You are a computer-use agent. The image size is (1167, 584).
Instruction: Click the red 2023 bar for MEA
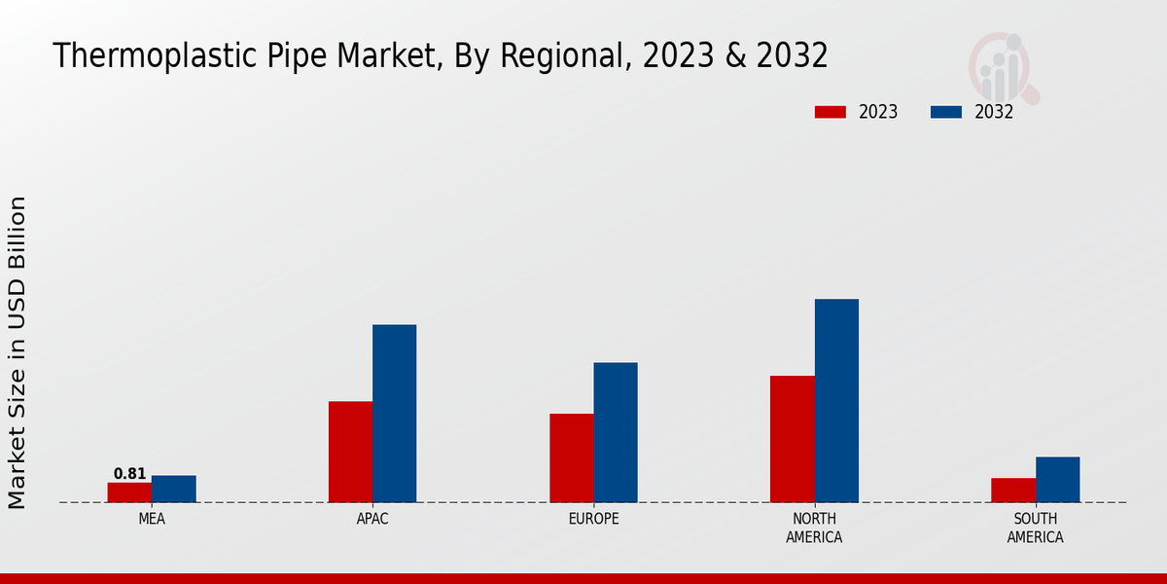129,493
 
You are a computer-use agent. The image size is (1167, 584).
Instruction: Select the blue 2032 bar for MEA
174,489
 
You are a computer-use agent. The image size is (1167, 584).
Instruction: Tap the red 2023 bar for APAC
350,452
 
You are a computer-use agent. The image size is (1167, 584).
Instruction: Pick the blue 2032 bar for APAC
395,414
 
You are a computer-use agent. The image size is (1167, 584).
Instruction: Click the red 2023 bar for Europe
571,457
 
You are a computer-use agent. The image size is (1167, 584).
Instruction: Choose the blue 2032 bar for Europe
616,432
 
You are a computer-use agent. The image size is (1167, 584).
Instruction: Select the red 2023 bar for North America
793,439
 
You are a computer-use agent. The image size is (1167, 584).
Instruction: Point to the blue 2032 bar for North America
836,400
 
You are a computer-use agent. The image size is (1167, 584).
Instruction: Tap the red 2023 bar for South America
1013,491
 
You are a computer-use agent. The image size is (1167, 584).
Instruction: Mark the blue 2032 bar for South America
1057,480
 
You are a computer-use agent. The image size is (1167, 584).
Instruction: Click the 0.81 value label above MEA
129,474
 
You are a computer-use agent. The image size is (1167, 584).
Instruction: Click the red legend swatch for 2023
831,112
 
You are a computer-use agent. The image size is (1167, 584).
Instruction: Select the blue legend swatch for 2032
946,112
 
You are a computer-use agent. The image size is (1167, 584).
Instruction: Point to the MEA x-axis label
152,520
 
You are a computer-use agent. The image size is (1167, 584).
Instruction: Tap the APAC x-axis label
372,520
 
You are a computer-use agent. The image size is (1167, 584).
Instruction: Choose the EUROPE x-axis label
593,520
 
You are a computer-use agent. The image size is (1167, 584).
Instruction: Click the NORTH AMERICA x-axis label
815,529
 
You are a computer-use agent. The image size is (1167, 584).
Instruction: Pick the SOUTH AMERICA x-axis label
1035,529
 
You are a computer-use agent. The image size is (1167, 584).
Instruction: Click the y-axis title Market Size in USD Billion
18,352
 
